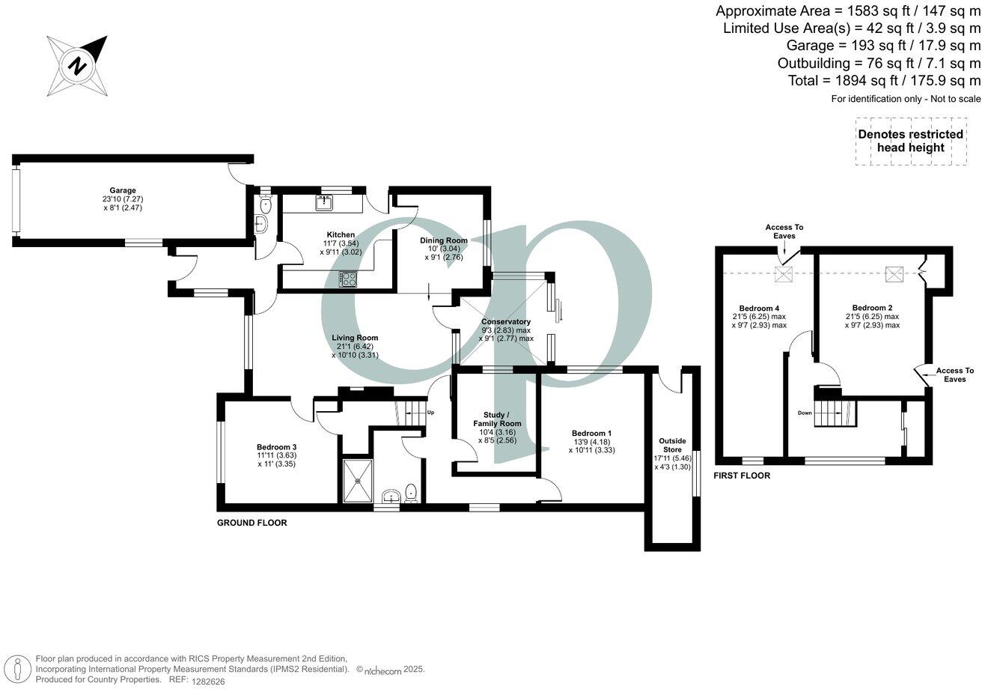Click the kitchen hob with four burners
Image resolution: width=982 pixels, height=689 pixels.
tap(349, 279)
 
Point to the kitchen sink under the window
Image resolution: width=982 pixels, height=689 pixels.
tap(327, 202)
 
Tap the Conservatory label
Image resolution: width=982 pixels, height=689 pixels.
tap(506, 322)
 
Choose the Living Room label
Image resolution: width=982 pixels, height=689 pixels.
tap(355, 338)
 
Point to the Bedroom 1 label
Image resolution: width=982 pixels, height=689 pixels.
tap(591, 434)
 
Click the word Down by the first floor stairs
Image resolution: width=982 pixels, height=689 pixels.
tap(805, 413)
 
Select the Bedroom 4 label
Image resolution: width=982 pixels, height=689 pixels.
tap(760, 308)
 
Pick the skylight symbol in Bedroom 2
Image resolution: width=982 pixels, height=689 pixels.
tap(895, 274)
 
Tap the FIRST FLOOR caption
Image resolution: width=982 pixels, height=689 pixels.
tap(742, 476)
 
